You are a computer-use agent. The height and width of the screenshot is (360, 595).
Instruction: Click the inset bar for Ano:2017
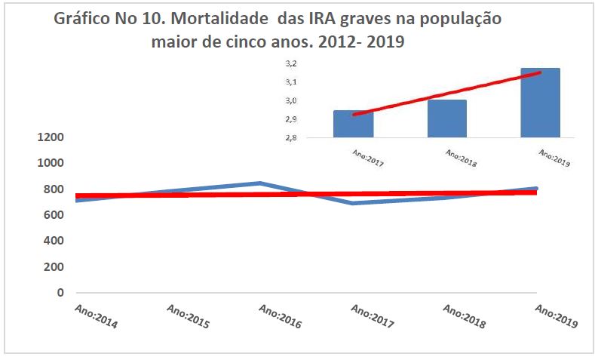point(353,124)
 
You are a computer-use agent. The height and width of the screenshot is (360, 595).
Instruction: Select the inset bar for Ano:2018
point(446,118)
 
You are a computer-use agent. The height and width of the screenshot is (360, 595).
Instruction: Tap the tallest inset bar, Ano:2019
point(540,103)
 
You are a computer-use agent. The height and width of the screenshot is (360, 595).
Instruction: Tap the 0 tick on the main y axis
point(60,292)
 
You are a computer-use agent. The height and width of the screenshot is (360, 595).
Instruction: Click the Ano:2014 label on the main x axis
point(97,316)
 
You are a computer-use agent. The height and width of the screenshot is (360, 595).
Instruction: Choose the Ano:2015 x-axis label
point(189,316)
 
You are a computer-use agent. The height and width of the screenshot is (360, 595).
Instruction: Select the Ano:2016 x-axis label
point(281,316)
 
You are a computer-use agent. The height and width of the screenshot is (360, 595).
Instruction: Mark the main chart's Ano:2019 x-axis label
point(556,316)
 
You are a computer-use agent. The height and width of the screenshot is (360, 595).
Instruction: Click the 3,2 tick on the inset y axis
point(290,65)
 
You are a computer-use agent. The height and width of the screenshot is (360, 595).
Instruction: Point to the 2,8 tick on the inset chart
point(290,138)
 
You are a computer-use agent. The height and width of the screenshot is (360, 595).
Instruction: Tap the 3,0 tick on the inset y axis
point(290,101)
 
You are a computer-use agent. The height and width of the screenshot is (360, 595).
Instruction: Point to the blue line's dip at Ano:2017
point(353,203)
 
